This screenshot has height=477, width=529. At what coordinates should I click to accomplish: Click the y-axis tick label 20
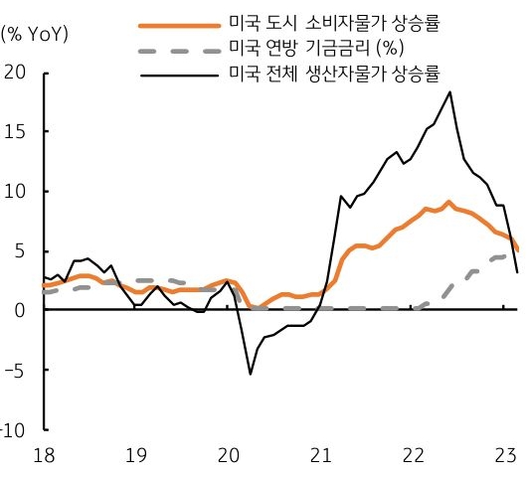point(17,72)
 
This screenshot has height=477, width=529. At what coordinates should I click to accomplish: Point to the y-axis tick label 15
point(17,131)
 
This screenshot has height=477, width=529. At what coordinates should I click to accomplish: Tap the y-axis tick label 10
point(17,191)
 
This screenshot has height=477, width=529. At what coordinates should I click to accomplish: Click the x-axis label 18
point(44,454)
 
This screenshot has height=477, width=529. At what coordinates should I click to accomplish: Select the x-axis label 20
point(228,454)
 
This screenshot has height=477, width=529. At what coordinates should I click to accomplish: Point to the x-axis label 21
point(319,454)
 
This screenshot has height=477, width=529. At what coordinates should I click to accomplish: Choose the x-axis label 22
point(412,454)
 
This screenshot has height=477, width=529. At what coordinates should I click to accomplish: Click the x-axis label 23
point(503,454)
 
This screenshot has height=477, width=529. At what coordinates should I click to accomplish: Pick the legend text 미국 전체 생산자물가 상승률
point(334,73)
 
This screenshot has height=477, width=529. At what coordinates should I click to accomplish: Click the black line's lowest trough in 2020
point(250,374)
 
